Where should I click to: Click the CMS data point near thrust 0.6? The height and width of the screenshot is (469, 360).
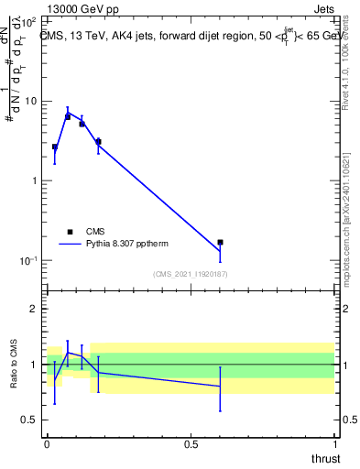(x=220, y=242)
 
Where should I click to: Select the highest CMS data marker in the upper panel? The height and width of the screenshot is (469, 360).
(x=68, y=116)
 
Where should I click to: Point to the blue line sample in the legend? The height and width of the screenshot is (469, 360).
(x=71, y=245)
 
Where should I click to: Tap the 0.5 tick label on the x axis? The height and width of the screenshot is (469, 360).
(x=191, y=444)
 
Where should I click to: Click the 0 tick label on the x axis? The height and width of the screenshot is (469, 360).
(x=48, y=444)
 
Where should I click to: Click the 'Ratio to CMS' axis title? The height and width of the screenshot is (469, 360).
(x=15, y=365)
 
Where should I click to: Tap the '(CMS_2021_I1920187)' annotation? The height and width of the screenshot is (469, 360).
(x=190, y=273)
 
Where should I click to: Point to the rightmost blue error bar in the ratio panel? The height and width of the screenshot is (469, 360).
(x=220, y=388)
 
